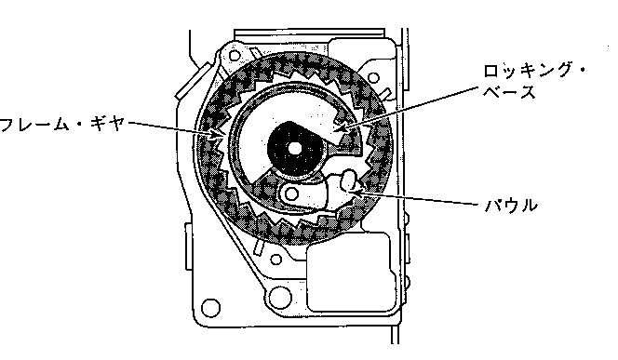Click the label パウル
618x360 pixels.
[x=511, y=206]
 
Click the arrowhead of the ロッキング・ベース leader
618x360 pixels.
[x=340, y=128]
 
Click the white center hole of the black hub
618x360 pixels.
[x=295, y=149]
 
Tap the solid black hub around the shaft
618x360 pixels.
[x=295, y=149]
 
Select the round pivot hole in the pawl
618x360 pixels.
[x=291, y=193]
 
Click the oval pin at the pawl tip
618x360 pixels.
[x=348, y=180]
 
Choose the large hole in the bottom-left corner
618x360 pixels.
[x=211, y=307]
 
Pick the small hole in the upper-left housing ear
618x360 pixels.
[x=235, y=56]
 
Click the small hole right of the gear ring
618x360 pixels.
[x=373, y=77]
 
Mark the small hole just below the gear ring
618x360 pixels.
[x=276, y=260]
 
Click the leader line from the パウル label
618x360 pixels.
[x=419, y=198]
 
